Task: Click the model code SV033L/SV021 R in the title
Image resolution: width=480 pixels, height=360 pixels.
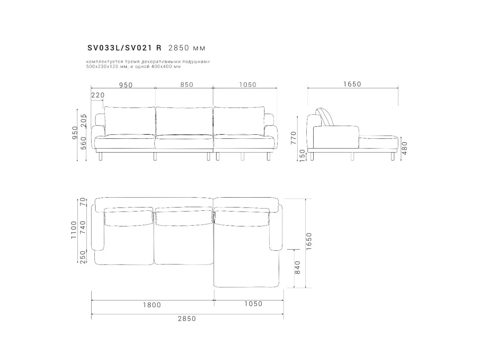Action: (x=124, y=48)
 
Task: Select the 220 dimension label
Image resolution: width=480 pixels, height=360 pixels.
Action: (x=98, y=95)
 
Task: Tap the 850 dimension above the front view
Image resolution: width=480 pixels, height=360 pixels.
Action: (x=187, y=84)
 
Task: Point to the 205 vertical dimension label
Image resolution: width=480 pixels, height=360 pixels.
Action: (x=84, y=121)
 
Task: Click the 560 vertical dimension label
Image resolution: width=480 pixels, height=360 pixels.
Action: (x=84, y=143)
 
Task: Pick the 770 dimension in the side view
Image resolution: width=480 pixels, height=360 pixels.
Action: (x=294, y=138)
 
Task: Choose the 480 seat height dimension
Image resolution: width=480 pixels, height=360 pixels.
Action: (x=404, y=148)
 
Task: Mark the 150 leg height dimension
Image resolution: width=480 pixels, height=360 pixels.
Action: (x=302, y=156)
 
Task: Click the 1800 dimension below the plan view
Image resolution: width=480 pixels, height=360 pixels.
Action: (x=152, y=305)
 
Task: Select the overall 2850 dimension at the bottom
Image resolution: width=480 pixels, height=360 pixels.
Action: (x=187, y=319)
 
